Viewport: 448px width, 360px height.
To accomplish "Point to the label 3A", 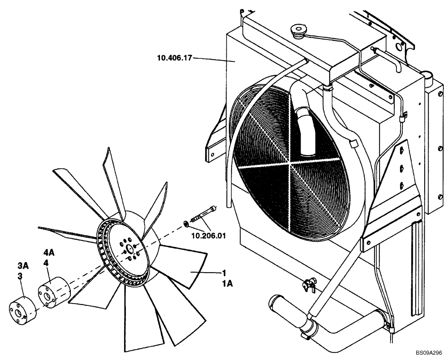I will (23, 266).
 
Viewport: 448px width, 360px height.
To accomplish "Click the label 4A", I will (49, 253).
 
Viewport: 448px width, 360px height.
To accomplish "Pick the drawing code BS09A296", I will (428, 353).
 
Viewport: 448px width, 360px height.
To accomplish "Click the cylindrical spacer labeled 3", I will (21, 309).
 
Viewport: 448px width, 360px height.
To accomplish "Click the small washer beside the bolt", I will (185, 223).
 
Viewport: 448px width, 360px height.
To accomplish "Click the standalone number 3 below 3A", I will (20, 276).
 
